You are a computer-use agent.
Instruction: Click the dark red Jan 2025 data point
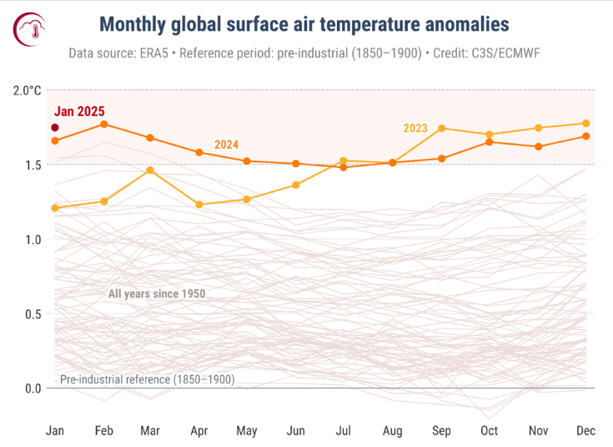point(55,128)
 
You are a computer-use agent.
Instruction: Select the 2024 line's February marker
point(103,124)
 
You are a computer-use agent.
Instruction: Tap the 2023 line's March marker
point(151,170)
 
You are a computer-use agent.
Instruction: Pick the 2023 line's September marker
point(441,129)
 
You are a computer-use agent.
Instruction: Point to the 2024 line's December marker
point(586,136)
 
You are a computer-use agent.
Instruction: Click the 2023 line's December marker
point(586,124)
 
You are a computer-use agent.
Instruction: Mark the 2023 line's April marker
point(198,205)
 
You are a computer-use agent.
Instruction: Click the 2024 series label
point(226,145)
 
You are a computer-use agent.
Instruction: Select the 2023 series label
point(415,128)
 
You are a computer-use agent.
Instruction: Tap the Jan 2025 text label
point(79,111)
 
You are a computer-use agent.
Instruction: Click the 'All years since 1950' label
point(157,294)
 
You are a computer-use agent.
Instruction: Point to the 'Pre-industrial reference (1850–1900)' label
point(147,379)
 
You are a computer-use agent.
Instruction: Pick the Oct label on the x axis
point(490,430)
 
